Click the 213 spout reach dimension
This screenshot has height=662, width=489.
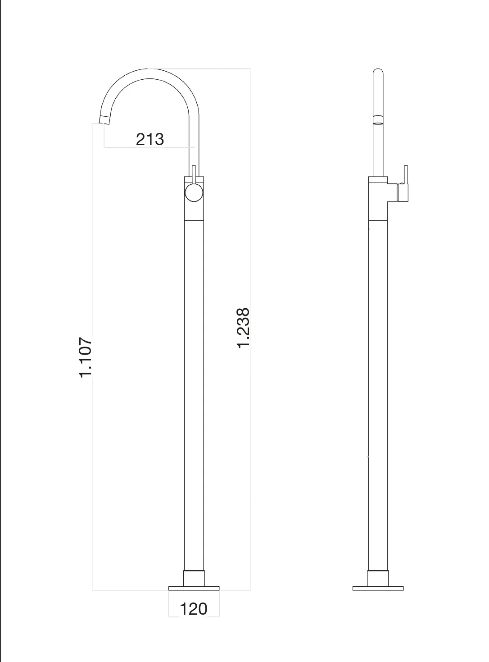click(150, 139)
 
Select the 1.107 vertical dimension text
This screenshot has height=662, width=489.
click(86, 357)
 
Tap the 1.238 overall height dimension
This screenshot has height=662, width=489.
click(243, 328)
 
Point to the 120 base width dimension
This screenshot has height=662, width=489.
click(194, 609)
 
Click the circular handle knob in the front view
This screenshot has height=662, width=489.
click(194, 192)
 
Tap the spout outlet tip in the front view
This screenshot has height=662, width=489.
click(104, 119)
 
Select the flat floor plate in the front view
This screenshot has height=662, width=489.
click(194, 588)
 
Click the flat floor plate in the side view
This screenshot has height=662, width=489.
click(378, 588)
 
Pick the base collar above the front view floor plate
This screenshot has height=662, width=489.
click(194, 578)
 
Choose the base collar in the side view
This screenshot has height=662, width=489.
click(378, 578)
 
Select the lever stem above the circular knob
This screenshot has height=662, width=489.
click(194, 173)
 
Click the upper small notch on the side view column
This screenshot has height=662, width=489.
click(369, 229)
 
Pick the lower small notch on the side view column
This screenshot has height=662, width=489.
click(369, 457)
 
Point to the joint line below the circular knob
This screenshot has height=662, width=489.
click(194, 220)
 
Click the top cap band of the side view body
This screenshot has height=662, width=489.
click(378, 179)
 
